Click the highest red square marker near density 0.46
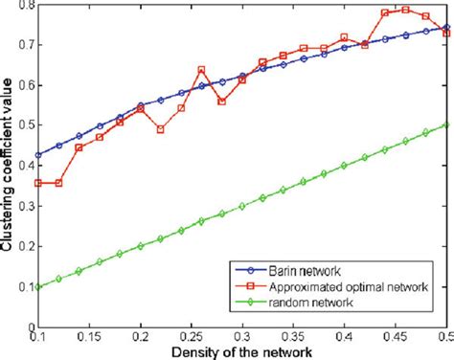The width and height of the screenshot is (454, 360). coord(405,10)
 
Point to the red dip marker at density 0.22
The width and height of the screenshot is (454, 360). coord(160,129)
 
